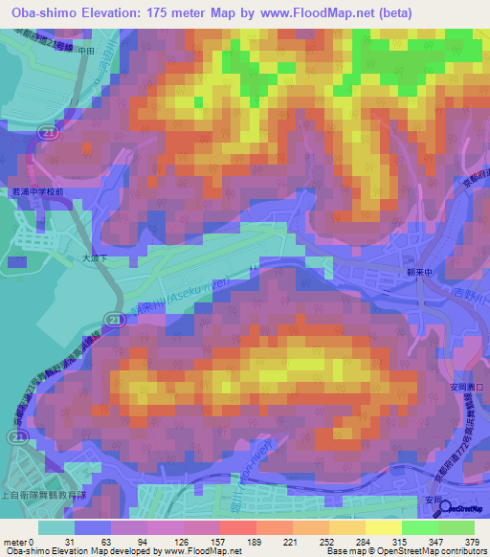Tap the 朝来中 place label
[406, 271]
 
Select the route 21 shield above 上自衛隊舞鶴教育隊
[15, 436]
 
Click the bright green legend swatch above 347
[419, 527]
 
